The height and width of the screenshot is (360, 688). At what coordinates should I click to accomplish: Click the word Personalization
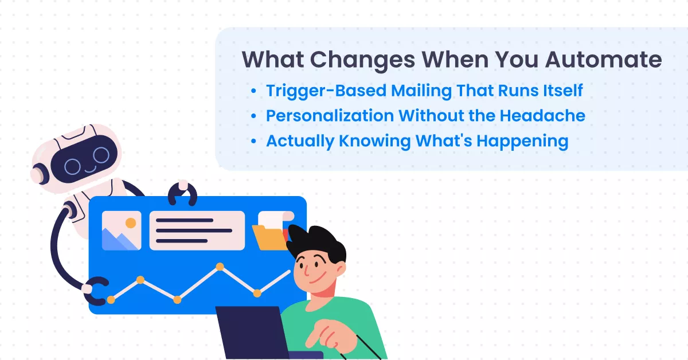click(330, 116)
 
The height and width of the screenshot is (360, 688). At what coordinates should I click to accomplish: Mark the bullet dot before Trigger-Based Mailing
click(253, 91)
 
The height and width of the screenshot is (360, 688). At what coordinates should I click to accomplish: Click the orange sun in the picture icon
click(131, 222)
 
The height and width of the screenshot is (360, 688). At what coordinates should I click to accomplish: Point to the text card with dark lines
click(197, 230)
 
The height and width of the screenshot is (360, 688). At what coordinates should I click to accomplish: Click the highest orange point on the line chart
click(220, 267)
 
